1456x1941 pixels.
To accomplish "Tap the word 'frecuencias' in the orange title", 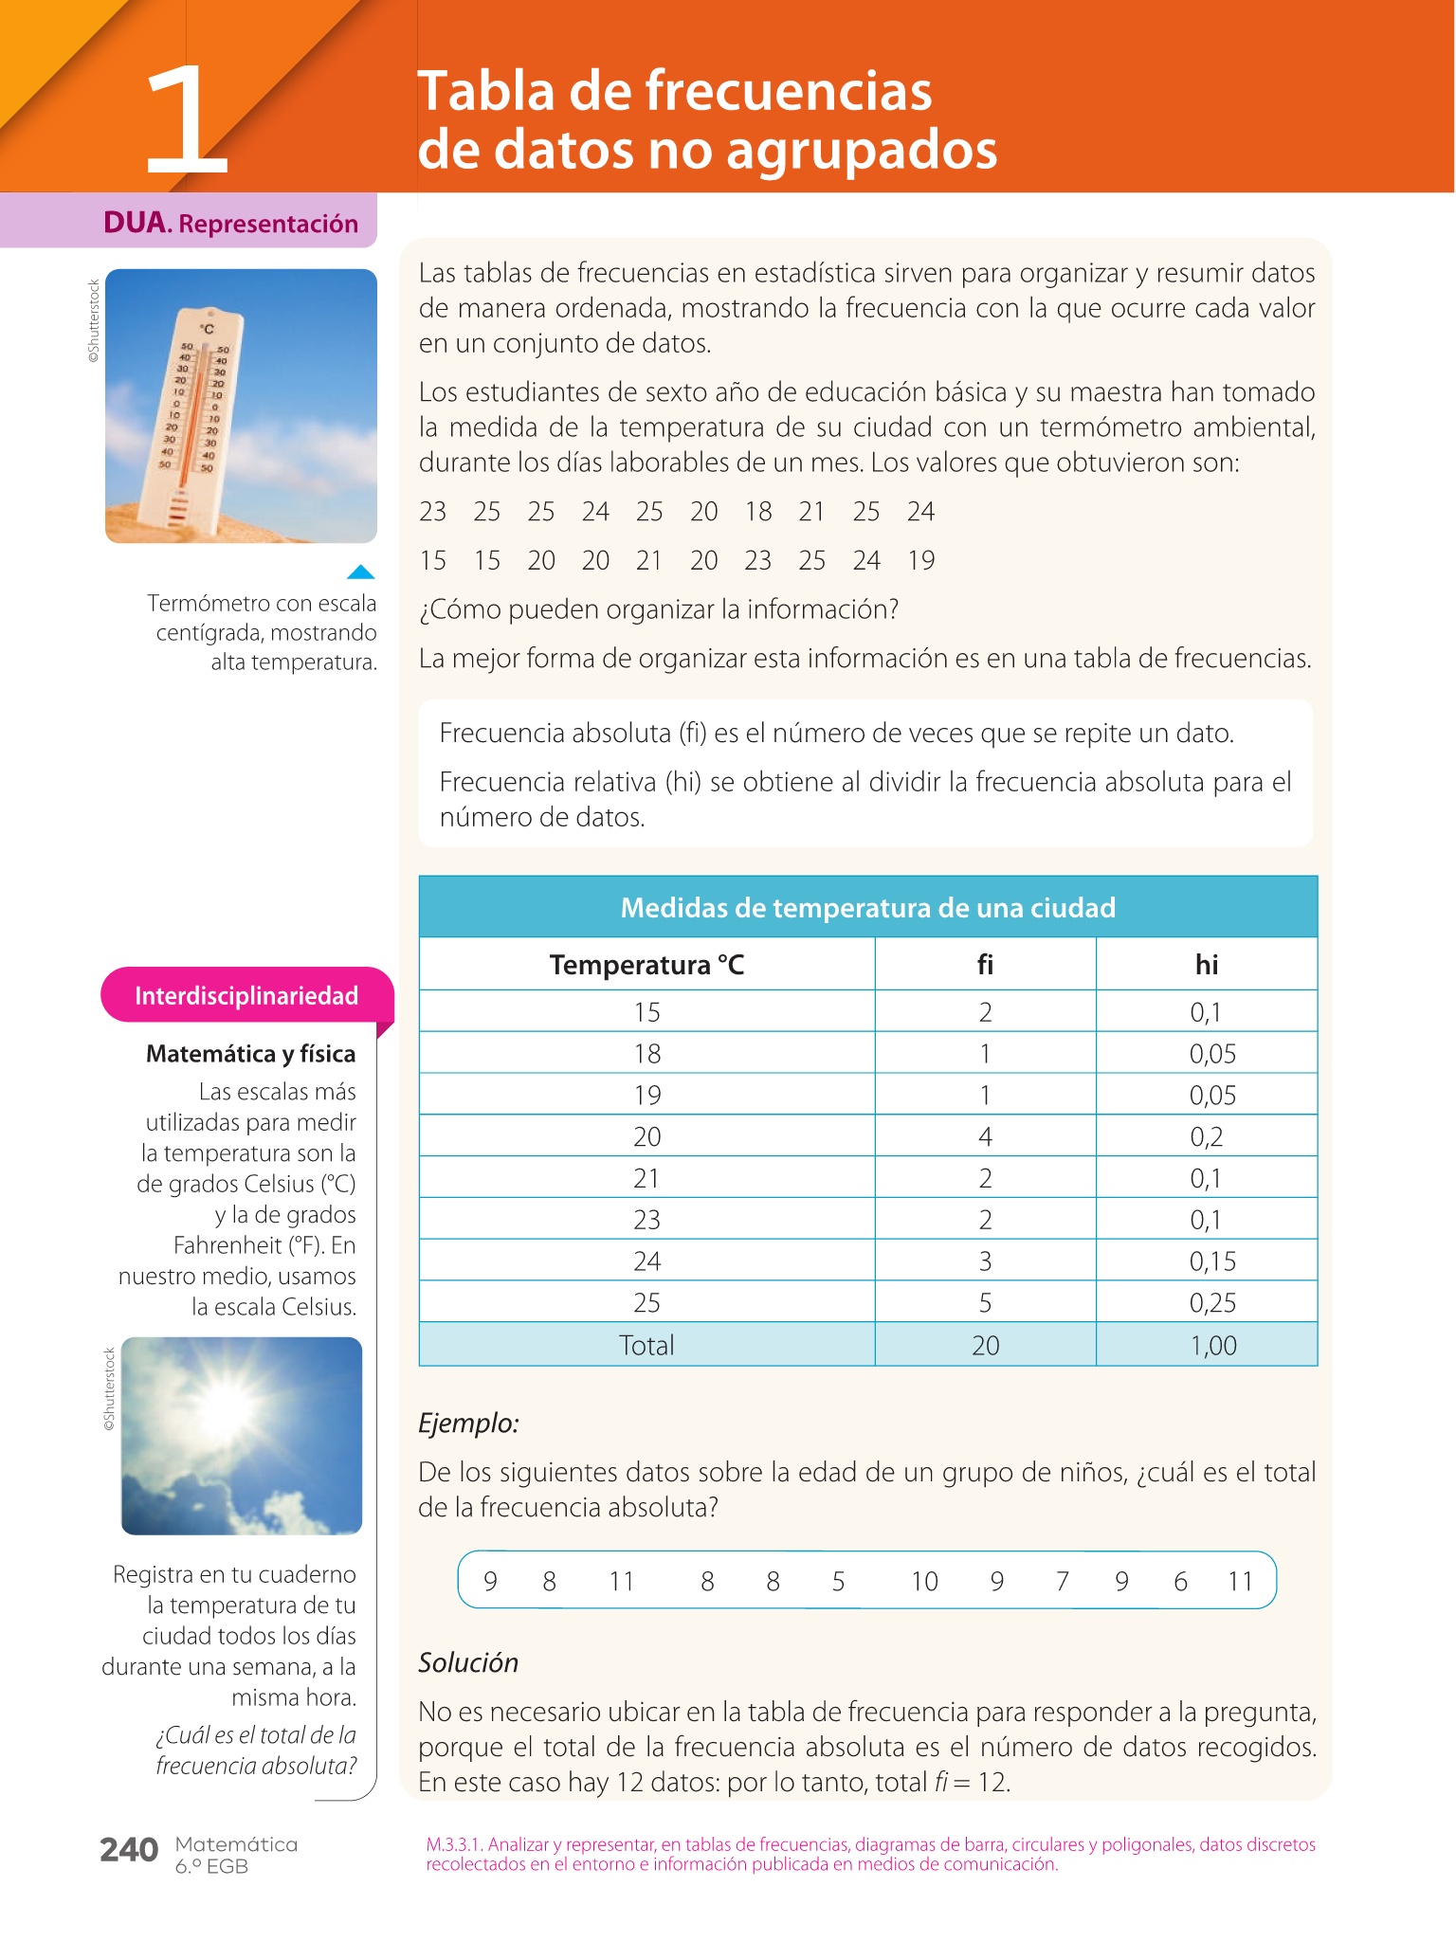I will coord(789,92).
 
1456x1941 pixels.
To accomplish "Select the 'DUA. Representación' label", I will coord(230,224).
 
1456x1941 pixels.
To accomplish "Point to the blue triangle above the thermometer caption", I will coord(361,571).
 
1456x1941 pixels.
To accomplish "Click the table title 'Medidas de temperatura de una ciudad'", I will coord(867,908).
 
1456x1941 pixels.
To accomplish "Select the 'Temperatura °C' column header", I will coord(646,965).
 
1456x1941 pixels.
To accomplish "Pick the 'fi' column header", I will coord(985,965).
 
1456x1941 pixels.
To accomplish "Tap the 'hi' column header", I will coord(1206,965).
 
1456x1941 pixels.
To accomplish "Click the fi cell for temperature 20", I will coord(985,1136).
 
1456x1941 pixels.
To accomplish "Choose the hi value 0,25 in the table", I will coord(1212,1302).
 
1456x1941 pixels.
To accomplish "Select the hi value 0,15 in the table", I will coord(1212,1261).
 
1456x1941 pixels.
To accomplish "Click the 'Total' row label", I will coord(646,1345).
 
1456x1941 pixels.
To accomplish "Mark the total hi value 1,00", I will coord(1212,1345).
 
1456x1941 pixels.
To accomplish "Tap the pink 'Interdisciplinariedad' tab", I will coord(246,995).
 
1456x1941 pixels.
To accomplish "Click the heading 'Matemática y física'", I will coord(250,1054).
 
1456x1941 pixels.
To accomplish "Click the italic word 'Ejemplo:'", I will coord(468,1424).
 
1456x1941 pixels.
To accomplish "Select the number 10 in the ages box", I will coord(924,1581).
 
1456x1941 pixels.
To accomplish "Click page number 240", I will coord(129,1850).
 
